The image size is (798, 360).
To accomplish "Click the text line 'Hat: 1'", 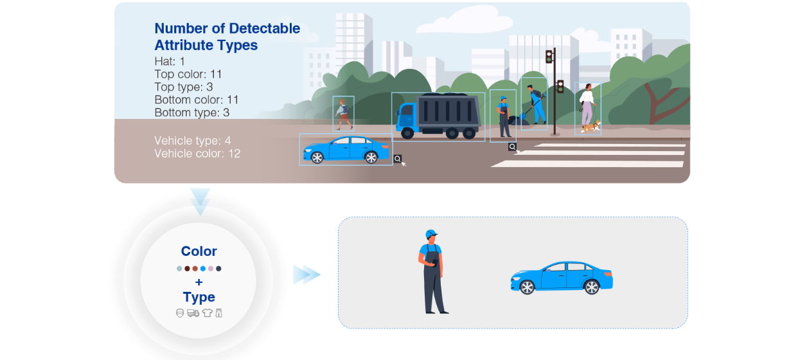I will pyautogui.click(x=170, y=61).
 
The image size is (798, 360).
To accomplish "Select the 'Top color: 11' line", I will pyautogui.click(x=188, y=74).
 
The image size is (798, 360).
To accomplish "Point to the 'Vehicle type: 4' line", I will pyautogui.click(x=192, y=141).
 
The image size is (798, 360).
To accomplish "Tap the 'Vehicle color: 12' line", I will pyautogui.click(x=197, y=154).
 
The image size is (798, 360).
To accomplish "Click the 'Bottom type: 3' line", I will pyautogui.click(x=191, y=113).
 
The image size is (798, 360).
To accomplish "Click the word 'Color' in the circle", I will pyautogui.click(x=199, y=251).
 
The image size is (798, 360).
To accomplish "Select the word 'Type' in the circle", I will pyautogui.click(x=199, y=297).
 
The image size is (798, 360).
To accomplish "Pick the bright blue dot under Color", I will pyautogui.click(x=203, y=269).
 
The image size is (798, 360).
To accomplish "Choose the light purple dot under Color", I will pyautogui.click(x=211, y=269).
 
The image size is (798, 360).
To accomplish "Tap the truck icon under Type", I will pyautogui.click(x=193, y=313).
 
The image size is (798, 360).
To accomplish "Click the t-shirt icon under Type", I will pyautogui.click(x=207, y=313).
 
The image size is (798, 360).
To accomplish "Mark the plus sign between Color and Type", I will pyautogui.click(x=199, y=282).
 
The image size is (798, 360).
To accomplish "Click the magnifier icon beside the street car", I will pyautogui.click(x=398, y=158).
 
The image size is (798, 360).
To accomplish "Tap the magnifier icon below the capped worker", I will pyautogui.click(x=512, y=147).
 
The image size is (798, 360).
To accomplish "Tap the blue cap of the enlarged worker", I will pyautogui.click(x=431, y=234).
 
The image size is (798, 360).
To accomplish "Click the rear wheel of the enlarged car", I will pyautogui.click(x=591, y=287).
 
